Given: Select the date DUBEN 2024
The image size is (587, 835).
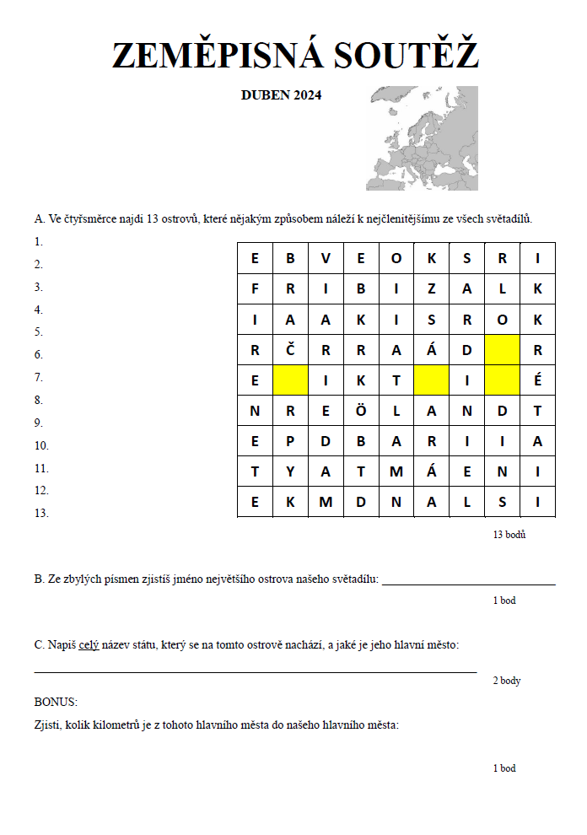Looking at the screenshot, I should [281, 95].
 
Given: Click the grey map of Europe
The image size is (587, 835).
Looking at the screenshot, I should [422, 137].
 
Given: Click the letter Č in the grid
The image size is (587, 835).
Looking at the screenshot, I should [290, 350].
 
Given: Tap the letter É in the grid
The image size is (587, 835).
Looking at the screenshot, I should [537, 380].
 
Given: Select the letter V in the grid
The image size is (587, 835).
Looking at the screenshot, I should [326, 259].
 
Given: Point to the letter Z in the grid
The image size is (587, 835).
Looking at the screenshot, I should [431, 289].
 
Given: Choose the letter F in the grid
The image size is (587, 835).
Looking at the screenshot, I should [255, 289].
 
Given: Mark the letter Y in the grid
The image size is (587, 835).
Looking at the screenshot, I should [290, 471].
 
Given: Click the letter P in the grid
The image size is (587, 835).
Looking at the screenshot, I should [290, 441].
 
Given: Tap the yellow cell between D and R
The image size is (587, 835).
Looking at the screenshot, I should [502, 350].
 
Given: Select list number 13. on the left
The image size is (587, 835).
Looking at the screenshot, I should [41, 513].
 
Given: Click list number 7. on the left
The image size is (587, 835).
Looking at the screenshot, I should [39, 377].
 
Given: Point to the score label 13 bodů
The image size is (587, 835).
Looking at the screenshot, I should [509, 534].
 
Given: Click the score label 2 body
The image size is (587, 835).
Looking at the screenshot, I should [507, 681].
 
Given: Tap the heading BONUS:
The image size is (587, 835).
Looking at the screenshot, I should [56, 702].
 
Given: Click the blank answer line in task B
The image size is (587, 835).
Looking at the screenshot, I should [469, 583].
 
